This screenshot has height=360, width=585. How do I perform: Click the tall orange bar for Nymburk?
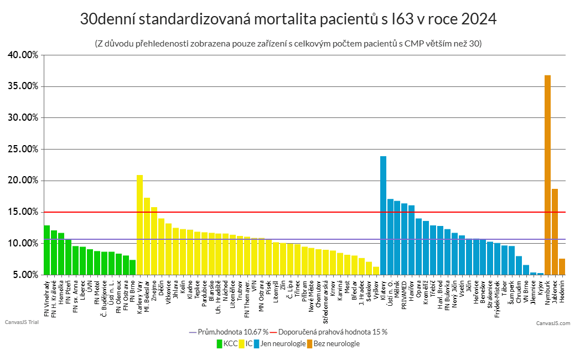[547, 174]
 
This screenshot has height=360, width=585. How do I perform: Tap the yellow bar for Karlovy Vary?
[139, 224]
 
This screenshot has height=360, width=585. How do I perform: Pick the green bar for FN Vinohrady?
[46, 250]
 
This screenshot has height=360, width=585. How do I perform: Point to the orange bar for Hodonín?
[562, 266]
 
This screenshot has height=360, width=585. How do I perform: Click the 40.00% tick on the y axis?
[23, 55]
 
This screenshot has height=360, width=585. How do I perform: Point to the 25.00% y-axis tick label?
[23, 149]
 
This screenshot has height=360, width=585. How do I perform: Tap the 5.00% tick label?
[24, 275]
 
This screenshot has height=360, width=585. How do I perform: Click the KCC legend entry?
[227, 344]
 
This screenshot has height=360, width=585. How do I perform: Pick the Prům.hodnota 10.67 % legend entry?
[229, 332]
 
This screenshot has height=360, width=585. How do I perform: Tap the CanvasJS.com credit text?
[552, 323]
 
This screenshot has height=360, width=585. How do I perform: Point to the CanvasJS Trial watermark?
[20, 322]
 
